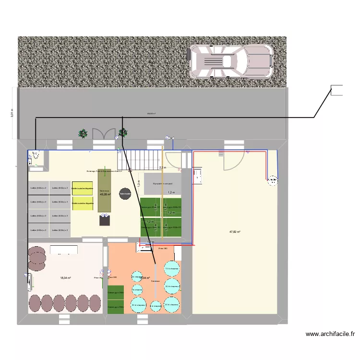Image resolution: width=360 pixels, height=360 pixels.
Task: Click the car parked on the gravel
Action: (x=231, y=61)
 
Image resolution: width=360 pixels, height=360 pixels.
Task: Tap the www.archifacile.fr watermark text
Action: (x=331, y=334)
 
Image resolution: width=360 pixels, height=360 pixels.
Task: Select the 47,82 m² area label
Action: (x=235, y=232)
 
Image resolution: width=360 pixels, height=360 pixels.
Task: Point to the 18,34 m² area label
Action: (x=66, y=278)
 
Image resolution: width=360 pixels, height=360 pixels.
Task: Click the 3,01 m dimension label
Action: (x=12, y=112)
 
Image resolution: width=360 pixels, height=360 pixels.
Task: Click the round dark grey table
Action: (x=125, y=194)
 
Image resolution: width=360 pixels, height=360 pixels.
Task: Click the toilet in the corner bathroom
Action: (x=35, y=155)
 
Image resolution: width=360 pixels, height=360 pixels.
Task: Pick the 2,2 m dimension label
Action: (x=162, y=168)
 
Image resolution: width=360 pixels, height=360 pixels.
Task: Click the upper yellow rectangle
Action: (x=82, y=189)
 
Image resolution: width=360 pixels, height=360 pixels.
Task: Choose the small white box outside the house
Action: (x=337, y=90)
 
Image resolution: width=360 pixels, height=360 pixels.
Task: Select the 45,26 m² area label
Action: (x=105, y=194)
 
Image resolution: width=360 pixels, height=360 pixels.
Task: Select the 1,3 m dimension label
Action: (x=138, y=183)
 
